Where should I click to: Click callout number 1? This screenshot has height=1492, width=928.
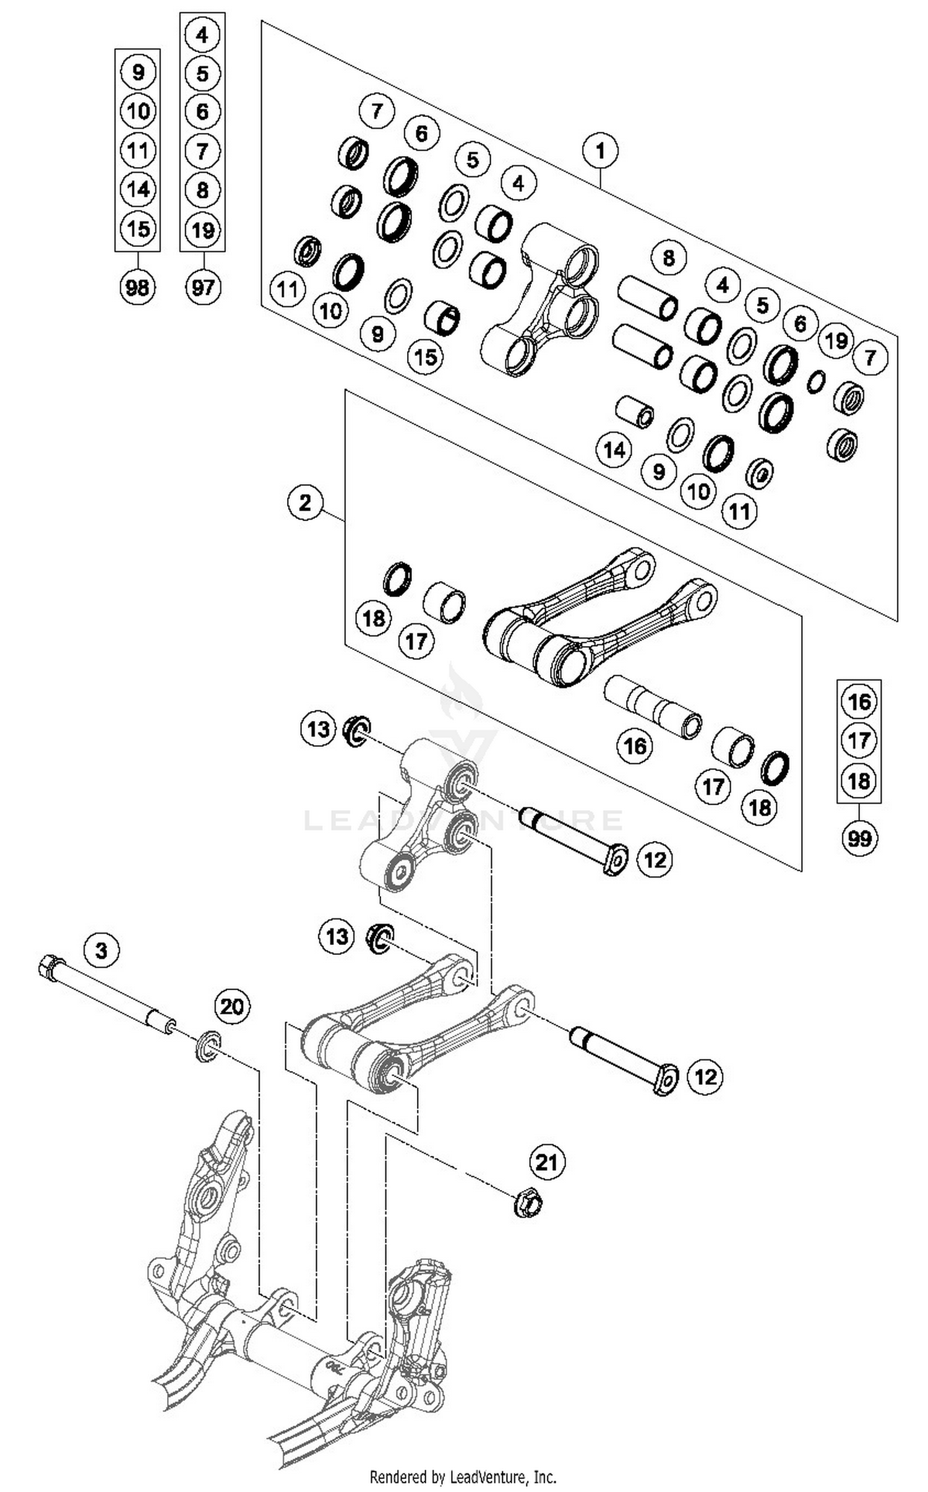pos(599,150)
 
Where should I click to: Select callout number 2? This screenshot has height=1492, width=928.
pos(305,502)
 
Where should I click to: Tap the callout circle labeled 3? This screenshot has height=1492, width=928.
pos(101,949)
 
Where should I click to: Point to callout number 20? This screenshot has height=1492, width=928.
pos(231,1007)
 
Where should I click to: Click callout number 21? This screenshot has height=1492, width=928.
pos(546,1163)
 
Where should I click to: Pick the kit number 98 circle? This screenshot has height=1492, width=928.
pos(137,288)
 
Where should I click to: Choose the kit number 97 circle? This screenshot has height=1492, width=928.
pos(203,288)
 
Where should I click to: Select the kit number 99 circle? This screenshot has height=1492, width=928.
pos(859,839)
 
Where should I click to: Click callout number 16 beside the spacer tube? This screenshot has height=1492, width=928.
pos(635,746)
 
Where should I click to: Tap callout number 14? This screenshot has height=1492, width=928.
pos(614,450)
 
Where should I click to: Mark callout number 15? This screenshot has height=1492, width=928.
pos(426,356)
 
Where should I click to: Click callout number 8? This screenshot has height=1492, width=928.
pos(668,257)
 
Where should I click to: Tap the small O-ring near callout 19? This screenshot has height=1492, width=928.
pos(816,382)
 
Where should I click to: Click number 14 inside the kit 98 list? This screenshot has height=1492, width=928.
pos(137,189)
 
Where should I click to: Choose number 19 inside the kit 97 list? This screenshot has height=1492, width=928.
pos(203,230)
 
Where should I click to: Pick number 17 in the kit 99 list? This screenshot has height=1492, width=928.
pos(859,741)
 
